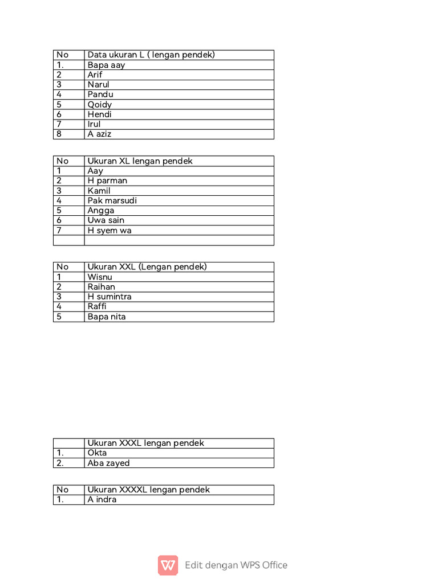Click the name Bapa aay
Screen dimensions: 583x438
click(106, 65)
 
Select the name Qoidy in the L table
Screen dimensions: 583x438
click(100, 104)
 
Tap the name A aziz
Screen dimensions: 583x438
click(100, 134)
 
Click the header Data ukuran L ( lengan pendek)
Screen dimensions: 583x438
click(151, 55)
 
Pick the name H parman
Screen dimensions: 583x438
click(107, 180)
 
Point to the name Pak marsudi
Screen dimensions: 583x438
click(112, 200)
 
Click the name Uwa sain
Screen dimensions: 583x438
click(106, 220)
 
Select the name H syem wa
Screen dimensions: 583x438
click(109, 231)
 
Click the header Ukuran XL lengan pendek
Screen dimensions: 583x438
click(140, 161)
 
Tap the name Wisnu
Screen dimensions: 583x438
click(100, 277)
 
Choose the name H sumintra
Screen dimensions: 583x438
click(109, 297)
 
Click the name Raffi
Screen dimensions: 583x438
click(97, 306)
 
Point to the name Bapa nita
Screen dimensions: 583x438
click(107, 317)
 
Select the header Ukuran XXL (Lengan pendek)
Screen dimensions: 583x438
click(147, 267)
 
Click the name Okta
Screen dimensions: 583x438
click(97, 453)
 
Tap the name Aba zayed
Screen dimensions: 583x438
click(108, 463)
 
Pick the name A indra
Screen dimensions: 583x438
click(102, 500)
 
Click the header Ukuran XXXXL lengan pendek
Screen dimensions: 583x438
click(149, 490)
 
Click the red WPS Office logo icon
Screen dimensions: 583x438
click(168, 565)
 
